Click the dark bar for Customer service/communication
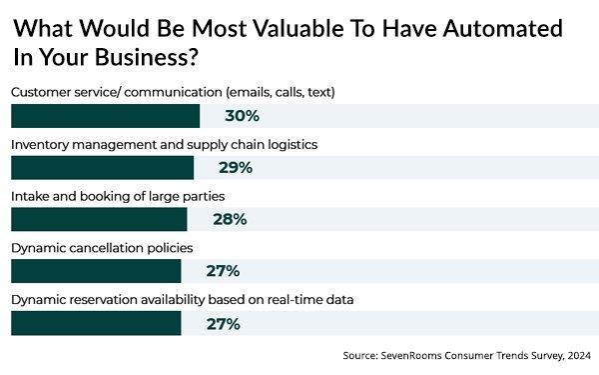coord(106,116)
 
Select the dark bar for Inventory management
coord(103,168)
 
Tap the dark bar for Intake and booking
coord(99,219)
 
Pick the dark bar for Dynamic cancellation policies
coord(96,271)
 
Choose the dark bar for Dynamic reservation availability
coord(96,323)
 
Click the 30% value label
coord(243,116)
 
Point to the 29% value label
coord(236,168)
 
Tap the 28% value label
coord(230,219)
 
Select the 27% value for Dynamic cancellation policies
coord(223,271)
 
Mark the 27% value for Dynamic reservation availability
coord(223,324)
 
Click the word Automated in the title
coord(503,28)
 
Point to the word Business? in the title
coord(147,57)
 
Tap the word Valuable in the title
coord(299,28)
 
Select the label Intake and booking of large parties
coord(118,197)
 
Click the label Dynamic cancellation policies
coord(102,248)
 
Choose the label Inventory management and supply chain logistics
coord(165,145)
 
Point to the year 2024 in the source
coord(579,355)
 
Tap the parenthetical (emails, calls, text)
coord(280,93)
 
